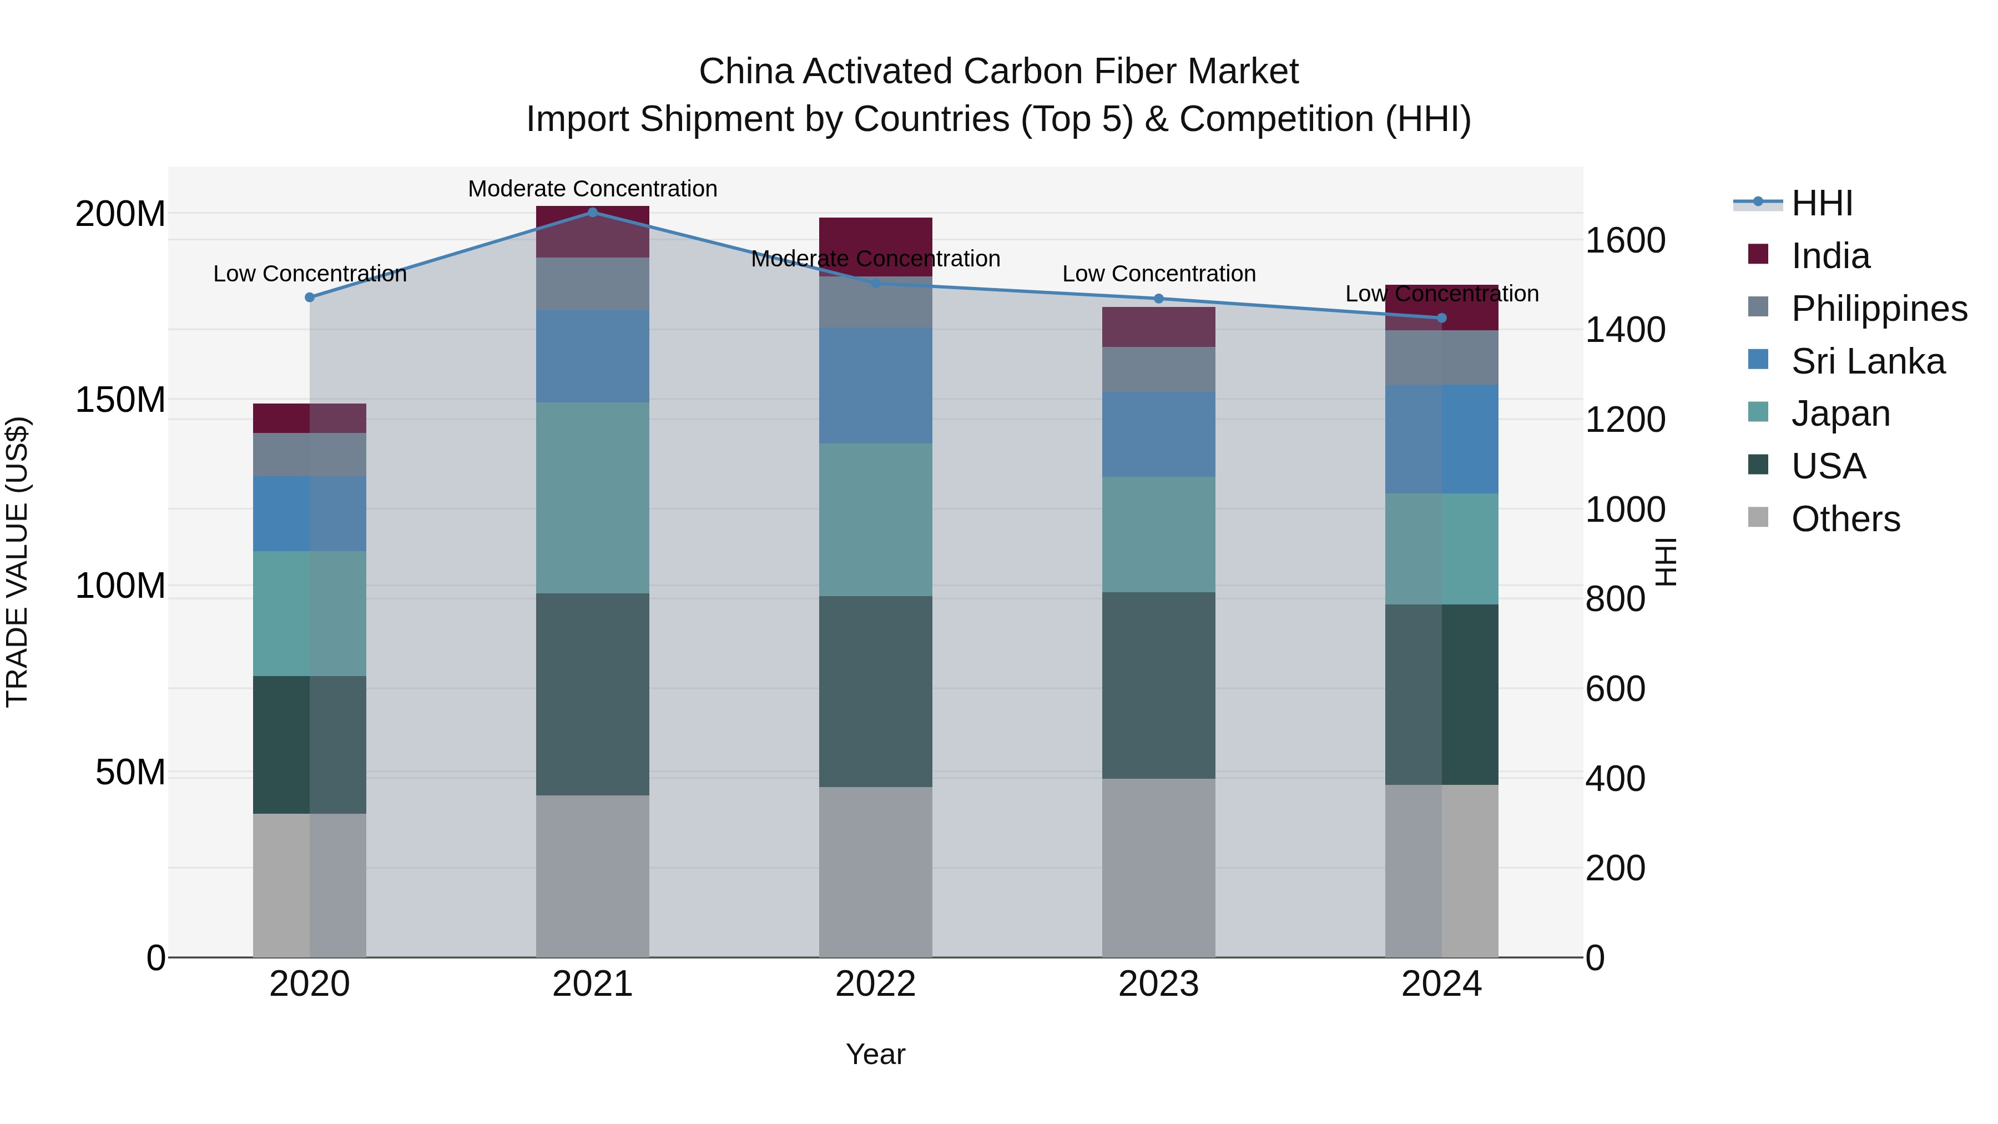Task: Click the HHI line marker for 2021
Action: pyautogui.click(x=593, y=212)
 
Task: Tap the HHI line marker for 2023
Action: pyautogui.click(x=1159, y=299)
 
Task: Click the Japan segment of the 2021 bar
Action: pyautogui.click(x=593, y=497)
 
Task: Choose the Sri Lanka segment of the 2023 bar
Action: pyautogui.click(x=1159, y=435)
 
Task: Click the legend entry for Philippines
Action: pyautogui.click(x=1879, y=309)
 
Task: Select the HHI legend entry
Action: pyautogui.click(x=1821, y=203)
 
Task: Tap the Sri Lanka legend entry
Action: pyautogui.click(x=1868, y=361)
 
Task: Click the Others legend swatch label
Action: pyautogui.click(x=1845, y=519)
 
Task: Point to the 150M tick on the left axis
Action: pyautogui.click(x=120, y=400)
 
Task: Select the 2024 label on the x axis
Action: pyautogui.click(x=1441, y=984)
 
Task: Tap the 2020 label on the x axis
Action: pyautogui.click(x=310, y=984)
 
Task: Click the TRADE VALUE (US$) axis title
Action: pyautogui.click(x=17, y=562)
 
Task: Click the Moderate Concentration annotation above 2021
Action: pyautogui.click(x=593, y=189)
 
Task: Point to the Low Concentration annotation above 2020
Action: pyautogui.click(x=310, y=274)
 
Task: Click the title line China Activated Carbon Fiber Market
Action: pyautogui.click(x=998, y=72)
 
